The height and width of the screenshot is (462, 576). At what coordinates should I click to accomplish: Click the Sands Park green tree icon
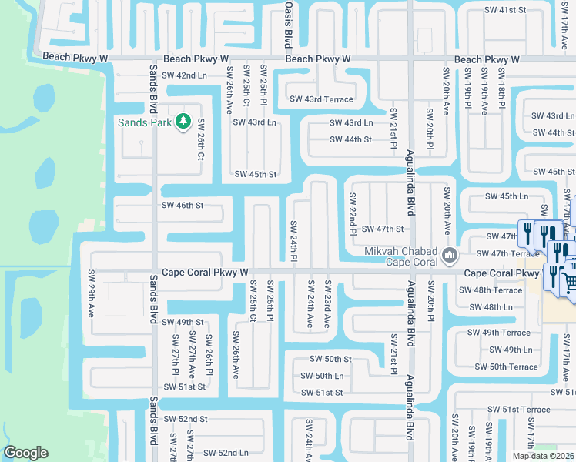tap(183, 122)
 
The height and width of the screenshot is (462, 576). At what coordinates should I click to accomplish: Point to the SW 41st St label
tap(505, 11)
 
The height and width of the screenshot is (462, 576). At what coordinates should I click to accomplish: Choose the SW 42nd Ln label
tap(181, 75)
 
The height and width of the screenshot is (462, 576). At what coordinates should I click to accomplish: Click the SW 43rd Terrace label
tap(321, 99)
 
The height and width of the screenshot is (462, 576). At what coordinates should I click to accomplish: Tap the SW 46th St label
tap(182, 206)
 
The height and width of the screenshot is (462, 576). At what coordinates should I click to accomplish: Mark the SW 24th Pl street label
tap(293, 239)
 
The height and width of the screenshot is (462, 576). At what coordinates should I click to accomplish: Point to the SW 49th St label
tap(183, 322)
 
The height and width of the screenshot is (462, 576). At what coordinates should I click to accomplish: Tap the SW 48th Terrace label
tap(491, 290)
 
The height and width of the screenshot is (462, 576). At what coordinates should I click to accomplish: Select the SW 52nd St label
tap(183, 419)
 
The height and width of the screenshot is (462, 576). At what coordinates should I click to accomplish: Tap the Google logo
tap(25, 454)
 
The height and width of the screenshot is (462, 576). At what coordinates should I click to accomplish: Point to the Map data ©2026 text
tap(543, 456)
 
